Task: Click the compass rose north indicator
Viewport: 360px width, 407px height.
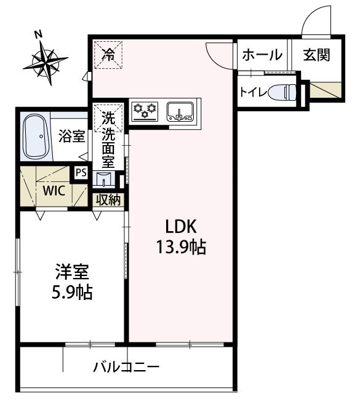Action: [46, 62]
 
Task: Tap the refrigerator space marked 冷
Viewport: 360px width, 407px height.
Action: [108, 55]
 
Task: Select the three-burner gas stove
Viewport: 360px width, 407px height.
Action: [145, 112]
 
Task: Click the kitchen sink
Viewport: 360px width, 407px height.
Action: [180, 112]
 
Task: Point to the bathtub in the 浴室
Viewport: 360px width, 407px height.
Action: [36, 136]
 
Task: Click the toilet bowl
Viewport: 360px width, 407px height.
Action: [282, 92]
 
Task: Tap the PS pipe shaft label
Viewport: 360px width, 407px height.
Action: [81, 173]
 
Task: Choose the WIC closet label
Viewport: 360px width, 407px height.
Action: [54, 191]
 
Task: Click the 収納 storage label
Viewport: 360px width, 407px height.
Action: [108, 200]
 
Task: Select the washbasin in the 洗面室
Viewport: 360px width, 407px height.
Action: [104, 179]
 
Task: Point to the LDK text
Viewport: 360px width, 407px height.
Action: [181, 226]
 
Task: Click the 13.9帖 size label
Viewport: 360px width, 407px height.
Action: [181, 247]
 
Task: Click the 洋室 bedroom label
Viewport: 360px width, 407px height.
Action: [72, 272]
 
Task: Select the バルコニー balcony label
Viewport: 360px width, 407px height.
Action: [127, 367]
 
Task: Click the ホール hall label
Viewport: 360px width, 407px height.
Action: [262, 55]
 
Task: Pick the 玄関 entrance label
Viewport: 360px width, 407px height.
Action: [317, 55]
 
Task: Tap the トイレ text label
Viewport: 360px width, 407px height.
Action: [254, 92]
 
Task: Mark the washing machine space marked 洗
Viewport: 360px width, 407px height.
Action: [108, 118]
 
